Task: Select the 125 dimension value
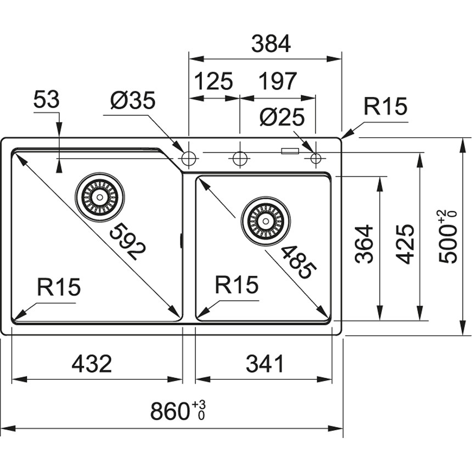pos(213,81)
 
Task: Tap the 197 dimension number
pos(277,81)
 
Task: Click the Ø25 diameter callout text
pos(282,117)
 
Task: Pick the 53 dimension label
pos(46,100)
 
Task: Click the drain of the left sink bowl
pos(99,196)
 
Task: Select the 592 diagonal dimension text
pos(127,242)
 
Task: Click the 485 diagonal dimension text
pos(298,262)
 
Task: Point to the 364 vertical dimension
pos(364,244)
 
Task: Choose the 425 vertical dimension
pos(405,244)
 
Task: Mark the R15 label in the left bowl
pos(59,287)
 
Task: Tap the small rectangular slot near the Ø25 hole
pos(290,150)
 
